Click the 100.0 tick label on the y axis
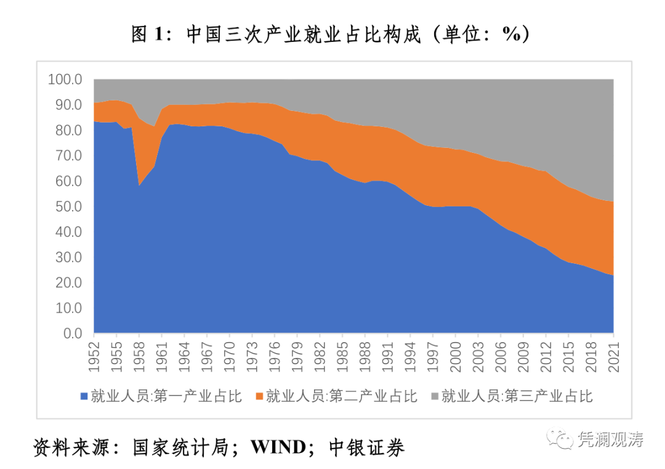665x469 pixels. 65,80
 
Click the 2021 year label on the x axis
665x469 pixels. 614,355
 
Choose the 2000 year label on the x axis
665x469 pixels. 456,355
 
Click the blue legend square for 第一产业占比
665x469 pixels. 84,396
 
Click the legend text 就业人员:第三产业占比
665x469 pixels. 517,396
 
